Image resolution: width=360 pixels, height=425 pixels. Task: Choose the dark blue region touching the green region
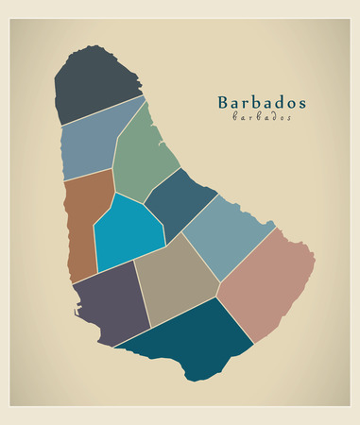click(180, 203)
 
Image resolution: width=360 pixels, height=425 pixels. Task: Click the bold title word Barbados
click(262, 102)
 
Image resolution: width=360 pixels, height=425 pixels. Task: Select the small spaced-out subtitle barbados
click(262, 117)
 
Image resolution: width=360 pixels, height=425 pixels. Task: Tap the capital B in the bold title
click(223, 102)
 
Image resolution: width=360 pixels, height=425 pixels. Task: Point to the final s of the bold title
click(301, 103)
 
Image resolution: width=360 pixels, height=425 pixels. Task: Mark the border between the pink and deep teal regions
click(236, 321)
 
